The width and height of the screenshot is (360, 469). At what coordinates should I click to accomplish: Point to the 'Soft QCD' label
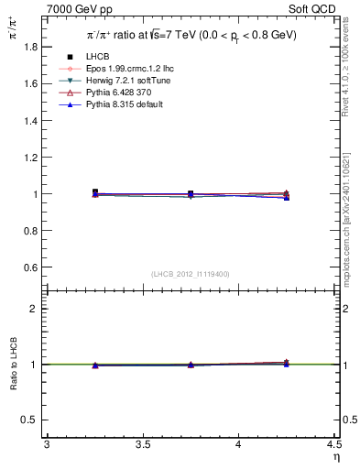tap(316, 8)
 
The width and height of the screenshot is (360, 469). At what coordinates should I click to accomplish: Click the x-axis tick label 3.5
tap(142, 444)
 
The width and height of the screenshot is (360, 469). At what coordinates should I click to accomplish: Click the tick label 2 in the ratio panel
tap(35, 309)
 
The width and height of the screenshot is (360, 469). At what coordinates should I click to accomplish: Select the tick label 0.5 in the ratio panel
tap(31, 420)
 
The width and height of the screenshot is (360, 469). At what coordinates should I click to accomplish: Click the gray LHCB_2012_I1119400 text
tap(191, 274)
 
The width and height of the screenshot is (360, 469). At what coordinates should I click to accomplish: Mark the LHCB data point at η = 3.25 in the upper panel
tap(94, 192)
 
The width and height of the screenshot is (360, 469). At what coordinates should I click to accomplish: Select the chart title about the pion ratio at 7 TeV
tap(191, 35)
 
